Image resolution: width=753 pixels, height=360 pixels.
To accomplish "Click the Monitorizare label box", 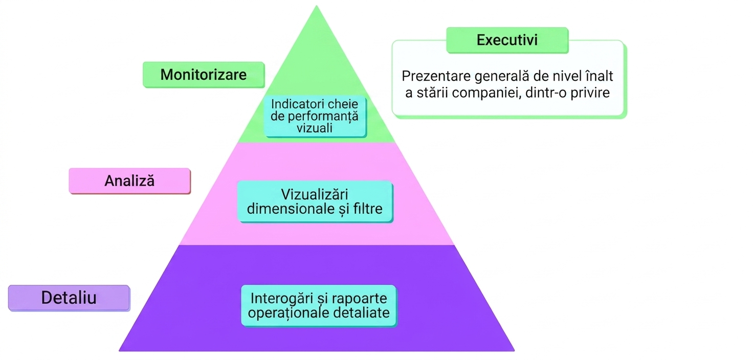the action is click(204, 75).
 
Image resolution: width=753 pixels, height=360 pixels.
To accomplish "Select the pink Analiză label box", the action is click(130, 181).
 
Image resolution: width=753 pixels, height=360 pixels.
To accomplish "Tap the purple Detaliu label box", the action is click(69, 298).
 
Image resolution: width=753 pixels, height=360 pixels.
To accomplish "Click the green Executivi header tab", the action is click(507, 40).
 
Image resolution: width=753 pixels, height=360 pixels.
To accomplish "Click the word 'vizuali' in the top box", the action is click(315, 128).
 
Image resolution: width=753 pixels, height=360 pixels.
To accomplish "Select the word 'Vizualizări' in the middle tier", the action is click(315, 194).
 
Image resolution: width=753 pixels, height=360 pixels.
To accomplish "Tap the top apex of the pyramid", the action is click(316, 6).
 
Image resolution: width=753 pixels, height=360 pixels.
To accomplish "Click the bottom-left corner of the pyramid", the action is click(119, 351).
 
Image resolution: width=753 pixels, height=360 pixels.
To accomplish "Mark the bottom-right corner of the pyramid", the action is click(514, 351).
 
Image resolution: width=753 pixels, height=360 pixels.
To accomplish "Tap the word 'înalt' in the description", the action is click(600, 76).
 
